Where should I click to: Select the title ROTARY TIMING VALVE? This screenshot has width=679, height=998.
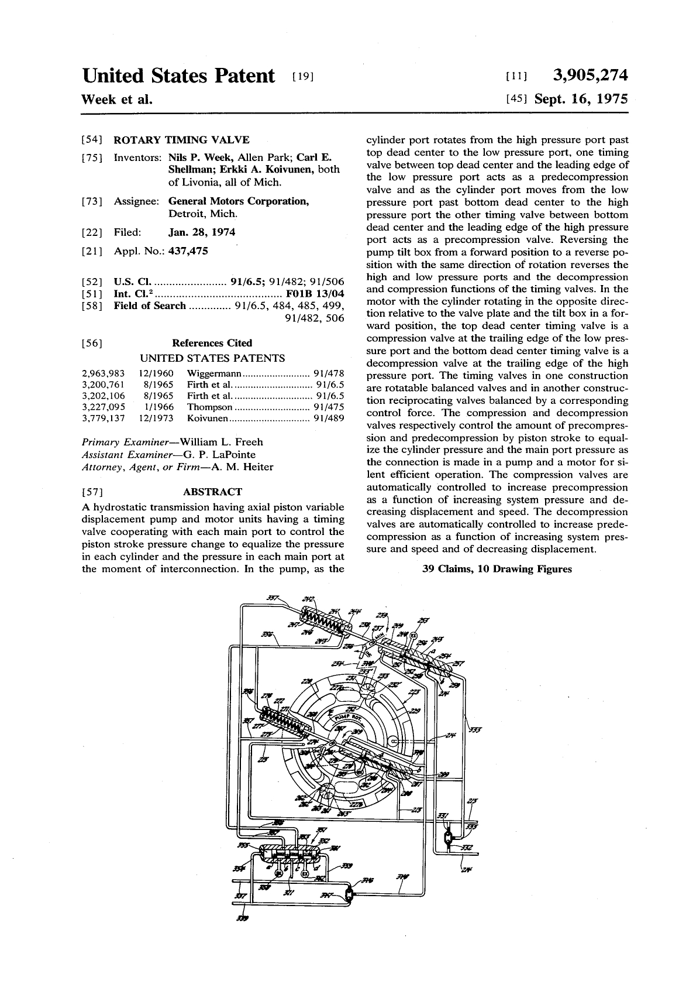[x=181, y=139]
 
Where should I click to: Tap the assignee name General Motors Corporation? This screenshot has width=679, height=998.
[x=239, y=201]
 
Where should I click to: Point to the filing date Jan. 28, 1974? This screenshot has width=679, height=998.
[x=202, y=232]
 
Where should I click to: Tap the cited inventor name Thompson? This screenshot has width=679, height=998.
[x=210, y=407]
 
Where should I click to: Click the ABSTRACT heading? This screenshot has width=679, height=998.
[x=212, y=492]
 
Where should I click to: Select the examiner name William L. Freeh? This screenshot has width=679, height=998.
[x=222, y=442]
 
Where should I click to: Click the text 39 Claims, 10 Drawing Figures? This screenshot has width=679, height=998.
[x=497, y=568]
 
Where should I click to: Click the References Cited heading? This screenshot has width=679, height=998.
[x=212, y=343]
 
